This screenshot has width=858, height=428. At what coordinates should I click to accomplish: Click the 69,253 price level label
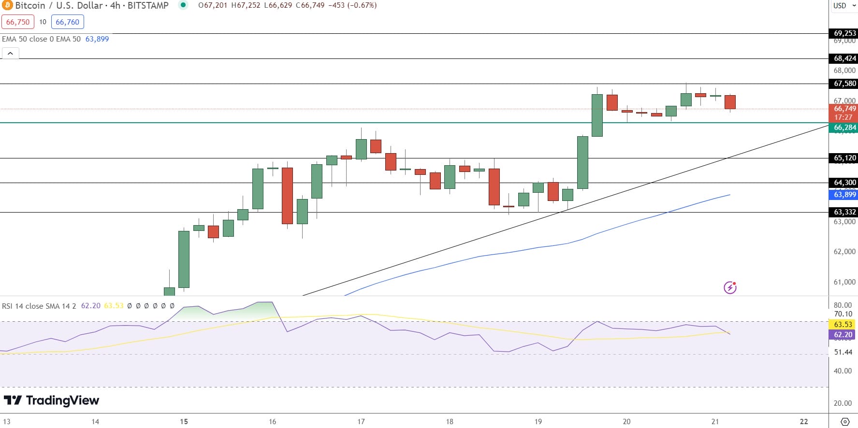pos(844,33)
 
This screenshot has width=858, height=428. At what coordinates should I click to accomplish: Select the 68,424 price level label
pos(844,58)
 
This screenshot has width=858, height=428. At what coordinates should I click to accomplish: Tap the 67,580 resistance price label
pos(844,84)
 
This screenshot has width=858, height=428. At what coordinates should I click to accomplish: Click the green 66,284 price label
pos(844,128)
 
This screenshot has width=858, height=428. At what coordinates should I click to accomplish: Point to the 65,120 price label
pos(844,158)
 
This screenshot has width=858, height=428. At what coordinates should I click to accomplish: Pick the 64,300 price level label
pos(844,183)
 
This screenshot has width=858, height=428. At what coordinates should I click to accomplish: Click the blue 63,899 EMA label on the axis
pos(844,195)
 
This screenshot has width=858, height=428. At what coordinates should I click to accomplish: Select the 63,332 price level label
pos(844,212)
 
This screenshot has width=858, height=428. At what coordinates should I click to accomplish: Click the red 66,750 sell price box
pos(18,22)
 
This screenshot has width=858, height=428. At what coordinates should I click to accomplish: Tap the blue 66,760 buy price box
pos(67,22)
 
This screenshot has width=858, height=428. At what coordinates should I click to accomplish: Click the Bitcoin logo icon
pos(7,5)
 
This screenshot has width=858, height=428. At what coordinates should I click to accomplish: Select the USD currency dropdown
pos(843,5)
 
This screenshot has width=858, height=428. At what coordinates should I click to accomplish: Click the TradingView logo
pos(51,400)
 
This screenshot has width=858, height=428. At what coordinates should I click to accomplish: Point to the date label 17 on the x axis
pos(361,422)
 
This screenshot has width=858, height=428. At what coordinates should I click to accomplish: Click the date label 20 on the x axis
pos(626,422)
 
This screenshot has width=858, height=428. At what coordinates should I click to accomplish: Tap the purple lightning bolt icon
pos(730,288)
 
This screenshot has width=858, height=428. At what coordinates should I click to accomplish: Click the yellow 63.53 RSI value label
pos(843,325)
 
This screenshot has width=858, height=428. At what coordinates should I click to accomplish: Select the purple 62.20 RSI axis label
pos(843,335)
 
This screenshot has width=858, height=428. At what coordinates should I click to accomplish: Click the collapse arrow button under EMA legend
pos(10,53)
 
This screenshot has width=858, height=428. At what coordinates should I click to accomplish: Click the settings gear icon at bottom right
pos(845,422)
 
